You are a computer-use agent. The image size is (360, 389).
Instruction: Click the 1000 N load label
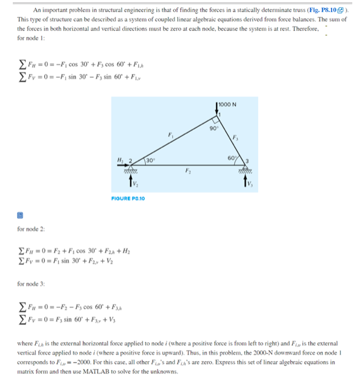pyautogui.click(x=229, y=104)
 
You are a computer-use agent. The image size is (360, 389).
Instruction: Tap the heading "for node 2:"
pyautogui.click(x=31, y=229)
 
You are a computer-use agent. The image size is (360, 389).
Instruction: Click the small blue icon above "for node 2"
pyautogui.click(x=20, y=215)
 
